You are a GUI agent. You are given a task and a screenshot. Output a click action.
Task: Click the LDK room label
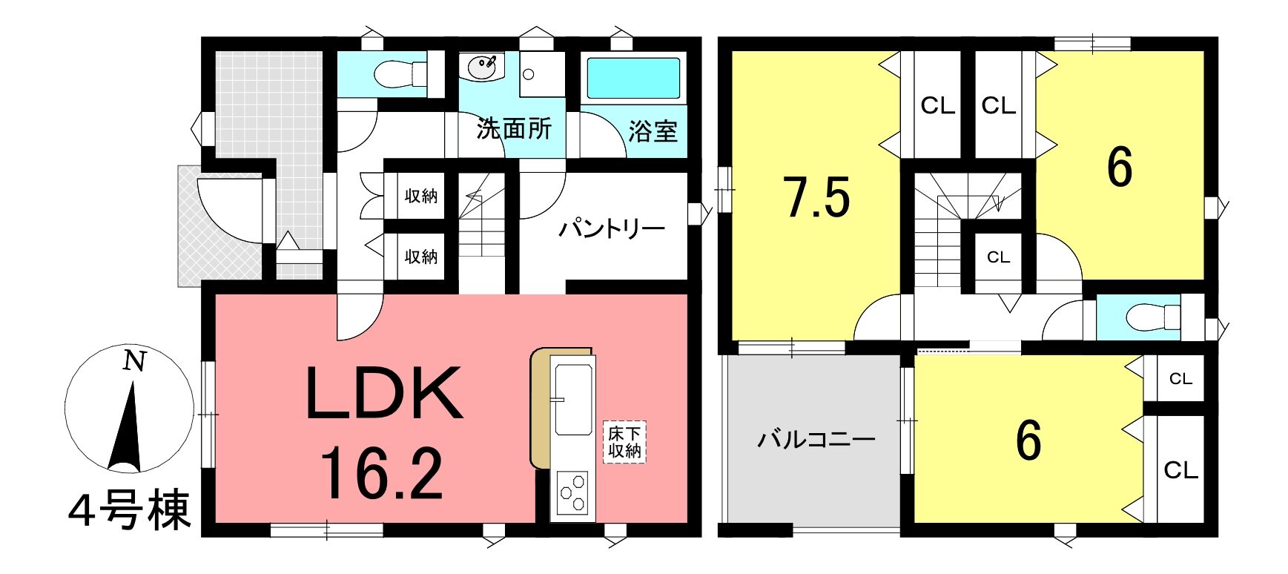point(384,393)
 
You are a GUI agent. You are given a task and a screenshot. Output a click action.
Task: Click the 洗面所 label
point(514,129)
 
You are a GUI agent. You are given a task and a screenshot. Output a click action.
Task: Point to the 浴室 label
point(653,131)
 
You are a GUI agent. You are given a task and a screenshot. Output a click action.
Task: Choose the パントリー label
point(612,228)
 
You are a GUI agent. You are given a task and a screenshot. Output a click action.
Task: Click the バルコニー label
point(816,439)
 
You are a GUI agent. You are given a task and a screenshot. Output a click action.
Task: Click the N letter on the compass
point(133,361)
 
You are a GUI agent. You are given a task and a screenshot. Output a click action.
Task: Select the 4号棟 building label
point(129,511)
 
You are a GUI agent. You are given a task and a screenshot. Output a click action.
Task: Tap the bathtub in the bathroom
point(634,77)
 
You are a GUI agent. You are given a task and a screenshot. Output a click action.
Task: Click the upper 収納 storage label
point(420,196)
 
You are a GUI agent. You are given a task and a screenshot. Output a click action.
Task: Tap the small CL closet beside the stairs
point(998,257)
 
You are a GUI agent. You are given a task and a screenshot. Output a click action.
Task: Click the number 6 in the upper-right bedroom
point(1119,168)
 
